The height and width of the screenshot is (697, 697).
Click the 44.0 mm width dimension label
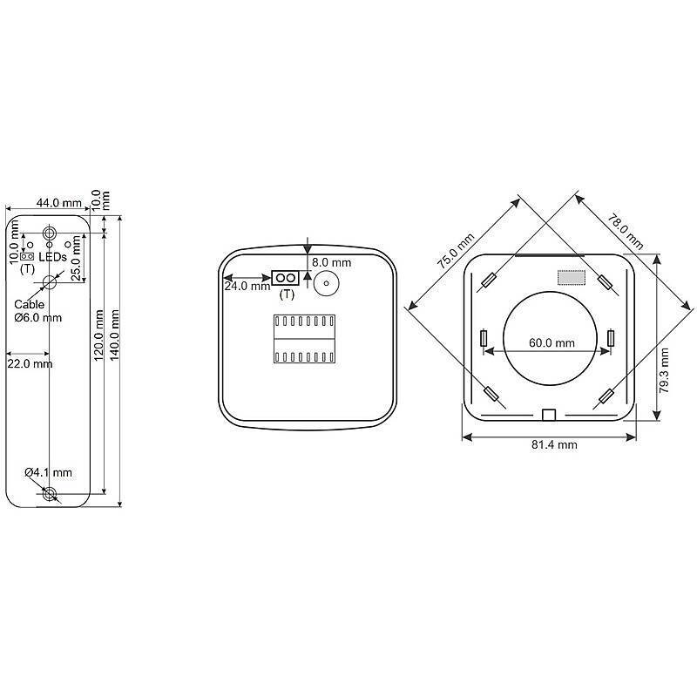[x=58, y=202]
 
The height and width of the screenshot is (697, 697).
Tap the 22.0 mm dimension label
[x=29, y=363]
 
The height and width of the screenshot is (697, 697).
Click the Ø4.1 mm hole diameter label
[x=48, y=472]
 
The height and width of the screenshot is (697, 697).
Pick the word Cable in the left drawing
[x=29, y=305]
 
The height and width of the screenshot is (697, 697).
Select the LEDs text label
[x=53, y=258]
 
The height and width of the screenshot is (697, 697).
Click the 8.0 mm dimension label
[x=331, y=261]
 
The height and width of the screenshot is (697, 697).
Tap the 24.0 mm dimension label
[x=247, y=286]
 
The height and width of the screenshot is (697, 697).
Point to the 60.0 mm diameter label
[x=552, y=343]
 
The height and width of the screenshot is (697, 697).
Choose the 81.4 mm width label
[x=555, y=444]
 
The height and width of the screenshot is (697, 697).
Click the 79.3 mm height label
[x=665, y=370]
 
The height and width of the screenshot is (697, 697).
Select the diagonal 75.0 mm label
[x=457, y=250]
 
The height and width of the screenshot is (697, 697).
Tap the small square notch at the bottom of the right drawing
[x=548, y=414]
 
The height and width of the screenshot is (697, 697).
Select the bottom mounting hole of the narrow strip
[x=50, y=494]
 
